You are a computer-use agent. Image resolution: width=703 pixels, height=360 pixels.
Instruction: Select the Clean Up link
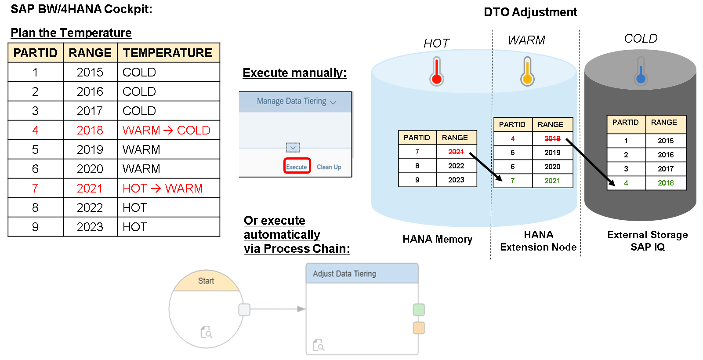[x=329, y=167]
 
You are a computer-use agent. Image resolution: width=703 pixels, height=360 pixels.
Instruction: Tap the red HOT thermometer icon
[x=436, y=71]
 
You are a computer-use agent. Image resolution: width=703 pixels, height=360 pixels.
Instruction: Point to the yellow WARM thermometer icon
[x=527, y=71]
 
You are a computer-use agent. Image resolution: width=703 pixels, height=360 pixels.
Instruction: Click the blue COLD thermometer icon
[x=641, y=71]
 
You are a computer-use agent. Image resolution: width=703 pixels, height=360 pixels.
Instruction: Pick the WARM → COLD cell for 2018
[x=167, y=130]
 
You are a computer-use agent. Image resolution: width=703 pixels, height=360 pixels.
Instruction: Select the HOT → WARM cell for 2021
[x=163, y=188]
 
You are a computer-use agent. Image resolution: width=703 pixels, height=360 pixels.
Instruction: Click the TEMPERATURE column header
[x=167, y=53]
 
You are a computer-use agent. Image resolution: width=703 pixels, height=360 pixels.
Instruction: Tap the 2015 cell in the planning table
[x=90, y=72]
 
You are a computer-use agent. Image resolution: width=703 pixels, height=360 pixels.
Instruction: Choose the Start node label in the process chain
[x=206, y=280]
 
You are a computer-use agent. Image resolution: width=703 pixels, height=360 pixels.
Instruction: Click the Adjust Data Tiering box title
[x=344, y=274]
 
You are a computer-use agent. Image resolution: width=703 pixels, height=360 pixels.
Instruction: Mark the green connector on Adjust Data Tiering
[x=419, y=309]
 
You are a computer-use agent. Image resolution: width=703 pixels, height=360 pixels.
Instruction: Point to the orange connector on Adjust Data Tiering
[x=419, y=328]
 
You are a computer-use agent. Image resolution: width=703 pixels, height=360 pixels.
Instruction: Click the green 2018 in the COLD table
[x=665, y=183]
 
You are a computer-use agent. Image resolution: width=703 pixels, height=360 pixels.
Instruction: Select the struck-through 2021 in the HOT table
[x=456, y=152]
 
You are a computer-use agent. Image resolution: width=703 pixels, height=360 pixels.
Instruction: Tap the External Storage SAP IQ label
[x=648, y=241]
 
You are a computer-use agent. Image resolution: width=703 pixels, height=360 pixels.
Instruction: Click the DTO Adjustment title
[x=530, y=12]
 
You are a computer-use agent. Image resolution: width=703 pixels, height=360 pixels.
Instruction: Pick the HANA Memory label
[x=437, y=239]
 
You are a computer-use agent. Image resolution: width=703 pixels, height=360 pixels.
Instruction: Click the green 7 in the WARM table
[x=512, y=181]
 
